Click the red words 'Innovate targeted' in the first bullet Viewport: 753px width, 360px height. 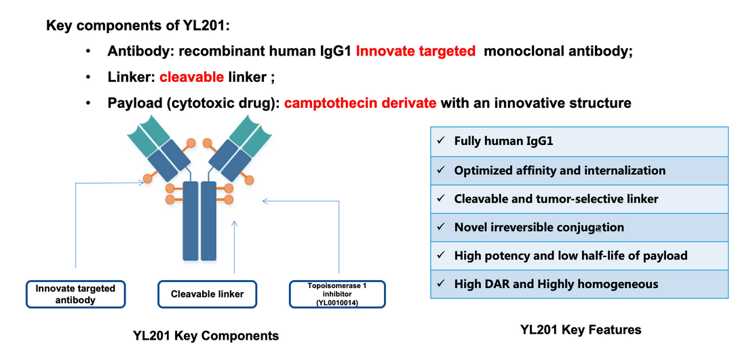point(415,52)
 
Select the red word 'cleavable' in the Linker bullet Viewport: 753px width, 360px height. point(192,77)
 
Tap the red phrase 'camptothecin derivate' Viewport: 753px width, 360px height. point(361,103)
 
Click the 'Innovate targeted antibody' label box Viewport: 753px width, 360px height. point(75,294)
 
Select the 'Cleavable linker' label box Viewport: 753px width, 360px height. point(207,294)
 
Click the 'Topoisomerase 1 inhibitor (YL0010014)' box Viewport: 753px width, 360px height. point(336,294)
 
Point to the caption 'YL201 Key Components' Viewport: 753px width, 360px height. point(206,336)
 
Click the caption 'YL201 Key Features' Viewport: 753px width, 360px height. point(580,330)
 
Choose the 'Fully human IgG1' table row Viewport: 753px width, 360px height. point(579,142)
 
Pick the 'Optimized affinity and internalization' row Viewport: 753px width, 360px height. point(579,170)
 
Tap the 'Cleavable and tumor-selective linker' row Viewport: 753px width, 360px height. point(579,199)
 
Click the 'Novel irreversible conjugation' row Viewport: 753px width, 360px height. point(579,227)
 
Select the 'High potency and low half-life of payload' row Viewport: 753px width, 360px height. point(579,256)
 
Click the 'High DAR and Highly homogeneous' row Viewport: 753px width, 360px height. point(579,284)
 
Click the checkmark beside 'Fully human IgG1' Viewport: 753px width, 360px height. point(441,141)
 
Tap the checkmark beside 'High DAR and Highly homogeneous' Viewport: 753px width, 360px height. point(441,283)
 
